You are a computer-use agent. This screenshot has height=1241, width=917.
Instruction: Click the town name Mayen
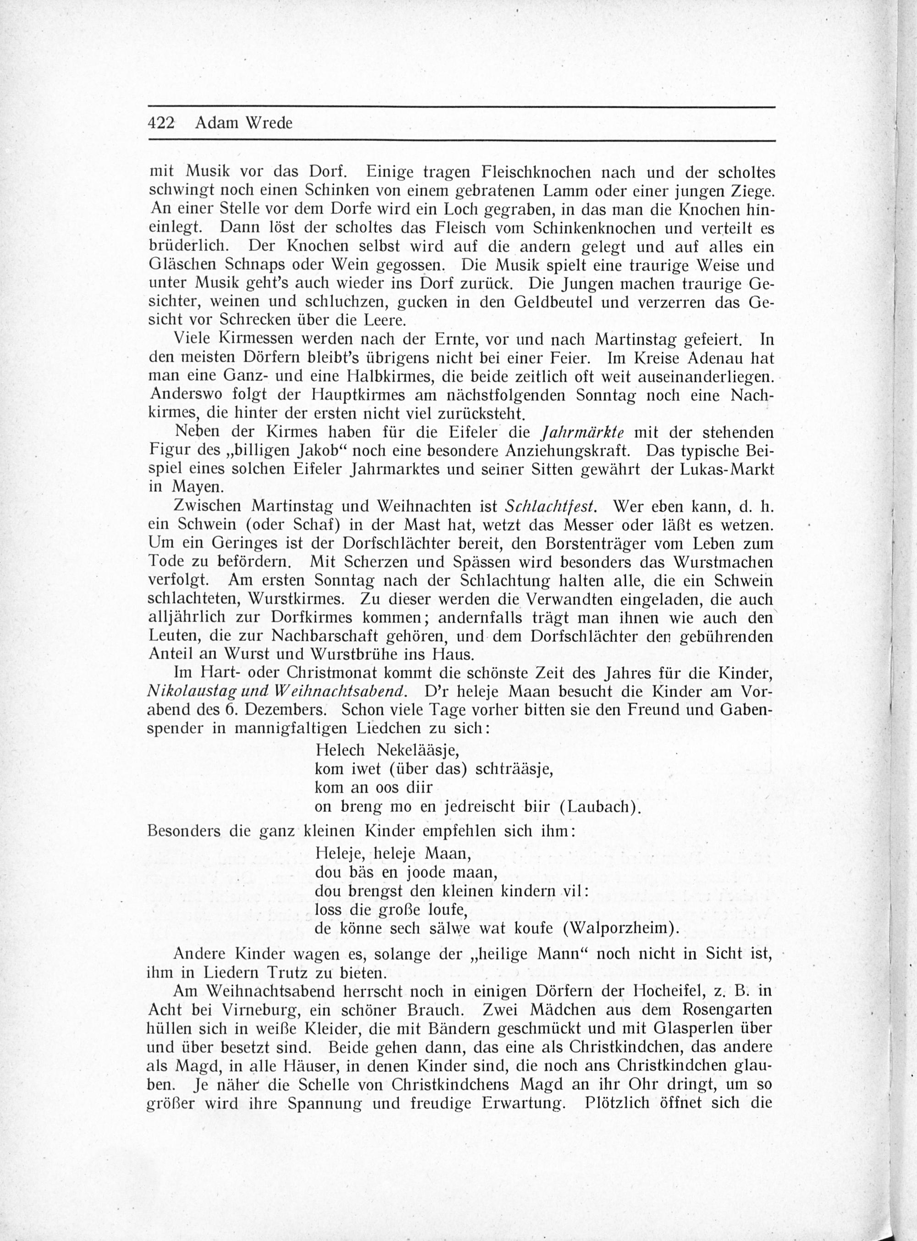(x=195, y=487)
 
